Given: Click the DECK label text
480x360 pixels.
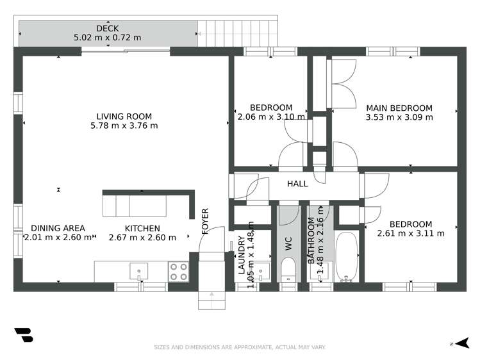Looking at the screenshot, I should pyautogui.click(x=107, y=28).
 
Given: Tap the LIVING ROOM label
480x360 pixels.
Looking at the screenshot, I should pyautogui.click(x=124, y=117).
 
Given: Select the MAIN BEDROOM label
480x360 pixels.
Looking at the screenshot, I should pyautogui.click(x=399, y=108).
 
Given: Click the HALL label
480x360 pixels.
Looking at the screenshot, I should pyautogui.click(x=297, y=184).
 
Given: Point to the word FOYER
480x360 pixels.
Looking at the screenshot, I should pyautogui.click(x=206, y=221).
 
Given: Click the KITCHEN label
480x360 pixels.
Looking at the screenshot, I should pyautogui.click(x=142, y=228).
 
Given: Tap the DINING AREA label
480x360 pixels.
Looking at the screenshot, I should pyautogui.click(x=58, y=228).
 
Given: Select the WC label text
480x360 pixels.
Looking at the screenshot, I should pyautogui.click(x=288, y=244).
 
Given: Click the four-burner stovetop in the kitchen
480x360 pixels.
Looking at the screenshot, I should pyautogui.click(x=178, y=272).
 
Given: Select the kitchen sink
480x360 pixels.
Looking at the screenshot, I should pyautogui.click(x=138, y=271).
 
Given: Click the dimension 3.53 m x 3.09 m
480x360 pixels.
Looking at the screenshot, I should pyautogui.click(x=399, y=117).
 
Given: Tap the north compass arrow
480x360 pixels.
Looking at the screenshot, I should pyautogui.click(x=463, y=343).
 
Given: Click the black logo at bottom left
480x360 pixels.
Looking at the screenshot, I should pyautogui.click(x=23, y=336).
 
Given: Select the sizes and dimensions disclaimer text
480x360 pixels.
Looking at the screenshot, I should pyautogui.click(x=240, y=347).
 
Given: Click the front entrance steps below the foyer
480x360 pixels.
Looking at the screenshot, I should pyautogui.click(x=211, y=297).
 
